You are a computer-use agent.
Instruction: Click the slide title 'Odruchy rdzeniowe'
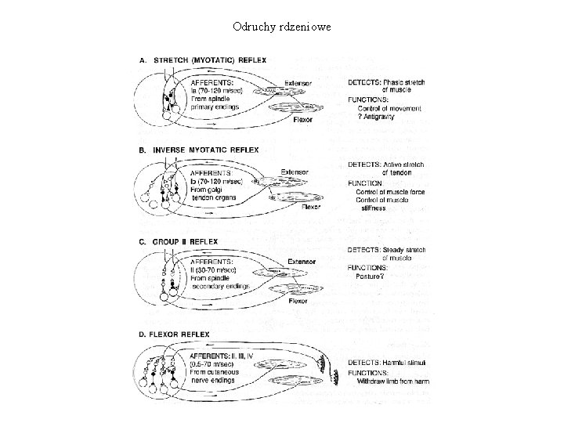(x=282, y=27)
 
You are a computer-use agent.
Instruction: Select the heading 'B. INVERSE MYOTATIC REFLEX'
(x=198, y=149)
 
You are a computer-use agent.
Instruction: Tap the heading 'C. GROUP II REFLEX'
(x=179, y=241)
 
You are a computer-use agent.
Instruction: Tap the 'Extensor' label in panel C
(x=302, y=262)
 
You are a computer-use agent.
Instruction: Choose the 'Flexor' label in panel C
(x=298, y=301)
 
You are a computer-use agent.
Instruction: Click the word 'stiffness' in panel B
(x=376, y=208)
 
